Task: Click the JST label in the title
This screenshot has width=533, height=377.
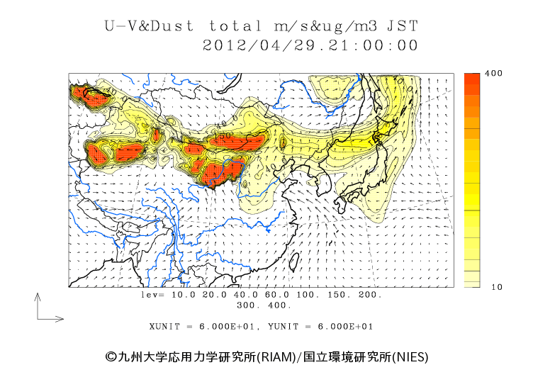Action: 403,26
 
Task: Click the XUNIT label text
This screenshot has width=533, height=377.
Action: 167,327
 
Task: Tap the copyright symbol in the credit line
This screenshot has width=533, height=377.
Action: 111,356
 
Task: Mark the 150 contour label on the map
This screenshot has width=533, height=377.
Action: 224,135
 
